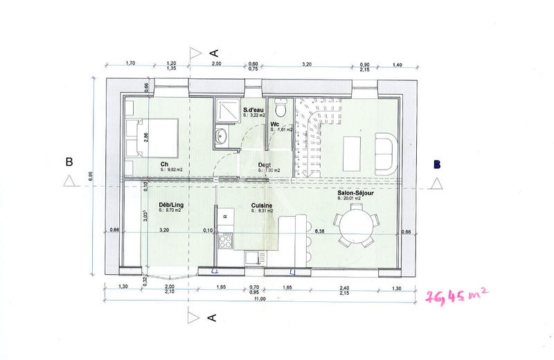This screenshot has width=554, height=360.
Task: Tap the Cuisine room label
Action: coord(262,206)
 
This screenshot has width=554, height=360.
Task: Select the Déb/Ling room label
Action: coord(170,206)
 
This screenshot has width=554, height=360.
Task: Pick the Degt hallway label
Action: coord(264,165)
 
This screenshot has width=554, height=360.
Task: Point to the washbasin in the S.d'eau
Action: coord(220,135)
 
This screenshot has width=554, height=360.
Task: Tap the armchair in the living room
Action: coord(385,154)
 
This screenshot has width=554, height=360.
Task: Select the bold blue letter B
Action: coord(437,164)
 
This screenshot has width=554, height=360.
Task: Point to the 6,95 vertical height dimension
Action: coord(90,177)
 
